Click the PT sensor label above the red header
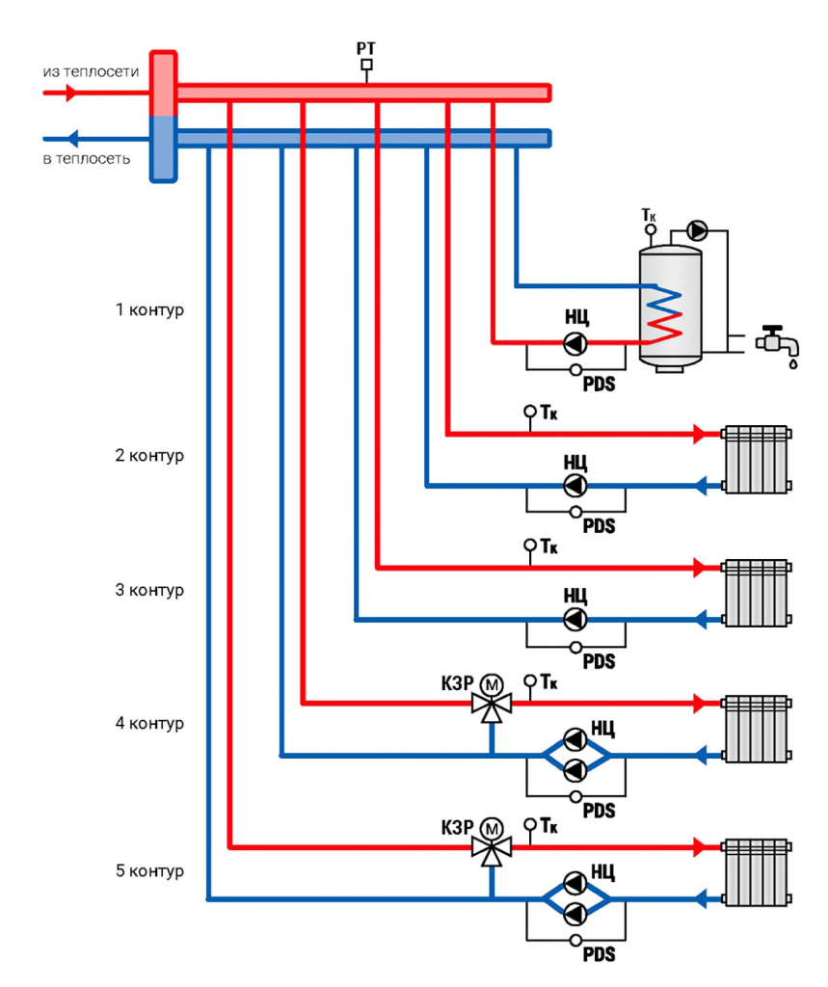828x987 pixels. coord(366,48)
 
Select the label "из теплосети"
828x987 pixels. coord(92,71)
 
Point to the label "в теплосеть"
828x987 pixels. coord(86,159)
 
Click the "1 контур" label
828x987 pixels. coord(149,309)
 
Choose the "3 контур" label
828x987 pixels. coord(149,590)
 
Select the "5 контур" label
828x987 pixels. coord(149,870)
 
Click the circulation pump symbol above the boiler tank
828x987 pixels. coord(696,230)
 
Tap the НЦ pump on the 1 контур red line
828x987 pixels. coord(574,344)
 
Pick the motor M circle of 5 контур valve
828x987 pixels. coord(492,828)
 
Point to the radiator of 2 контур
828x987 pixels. coord(756,460)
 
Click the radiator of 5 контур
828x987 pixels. coord(756,872)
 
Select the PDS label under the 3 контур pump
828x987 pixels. coord(599,661)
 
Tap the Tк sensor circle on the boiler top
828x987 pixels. coord(651,229)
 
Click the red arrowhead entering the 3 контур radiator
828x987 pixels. coord(699,568)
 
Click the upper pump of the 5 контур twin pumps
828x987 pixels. coord(574,883)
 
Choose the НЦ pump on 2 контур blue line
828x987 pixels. coord(574,486)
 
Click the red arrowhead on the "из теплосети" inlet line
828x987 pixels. coord(70,93)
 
